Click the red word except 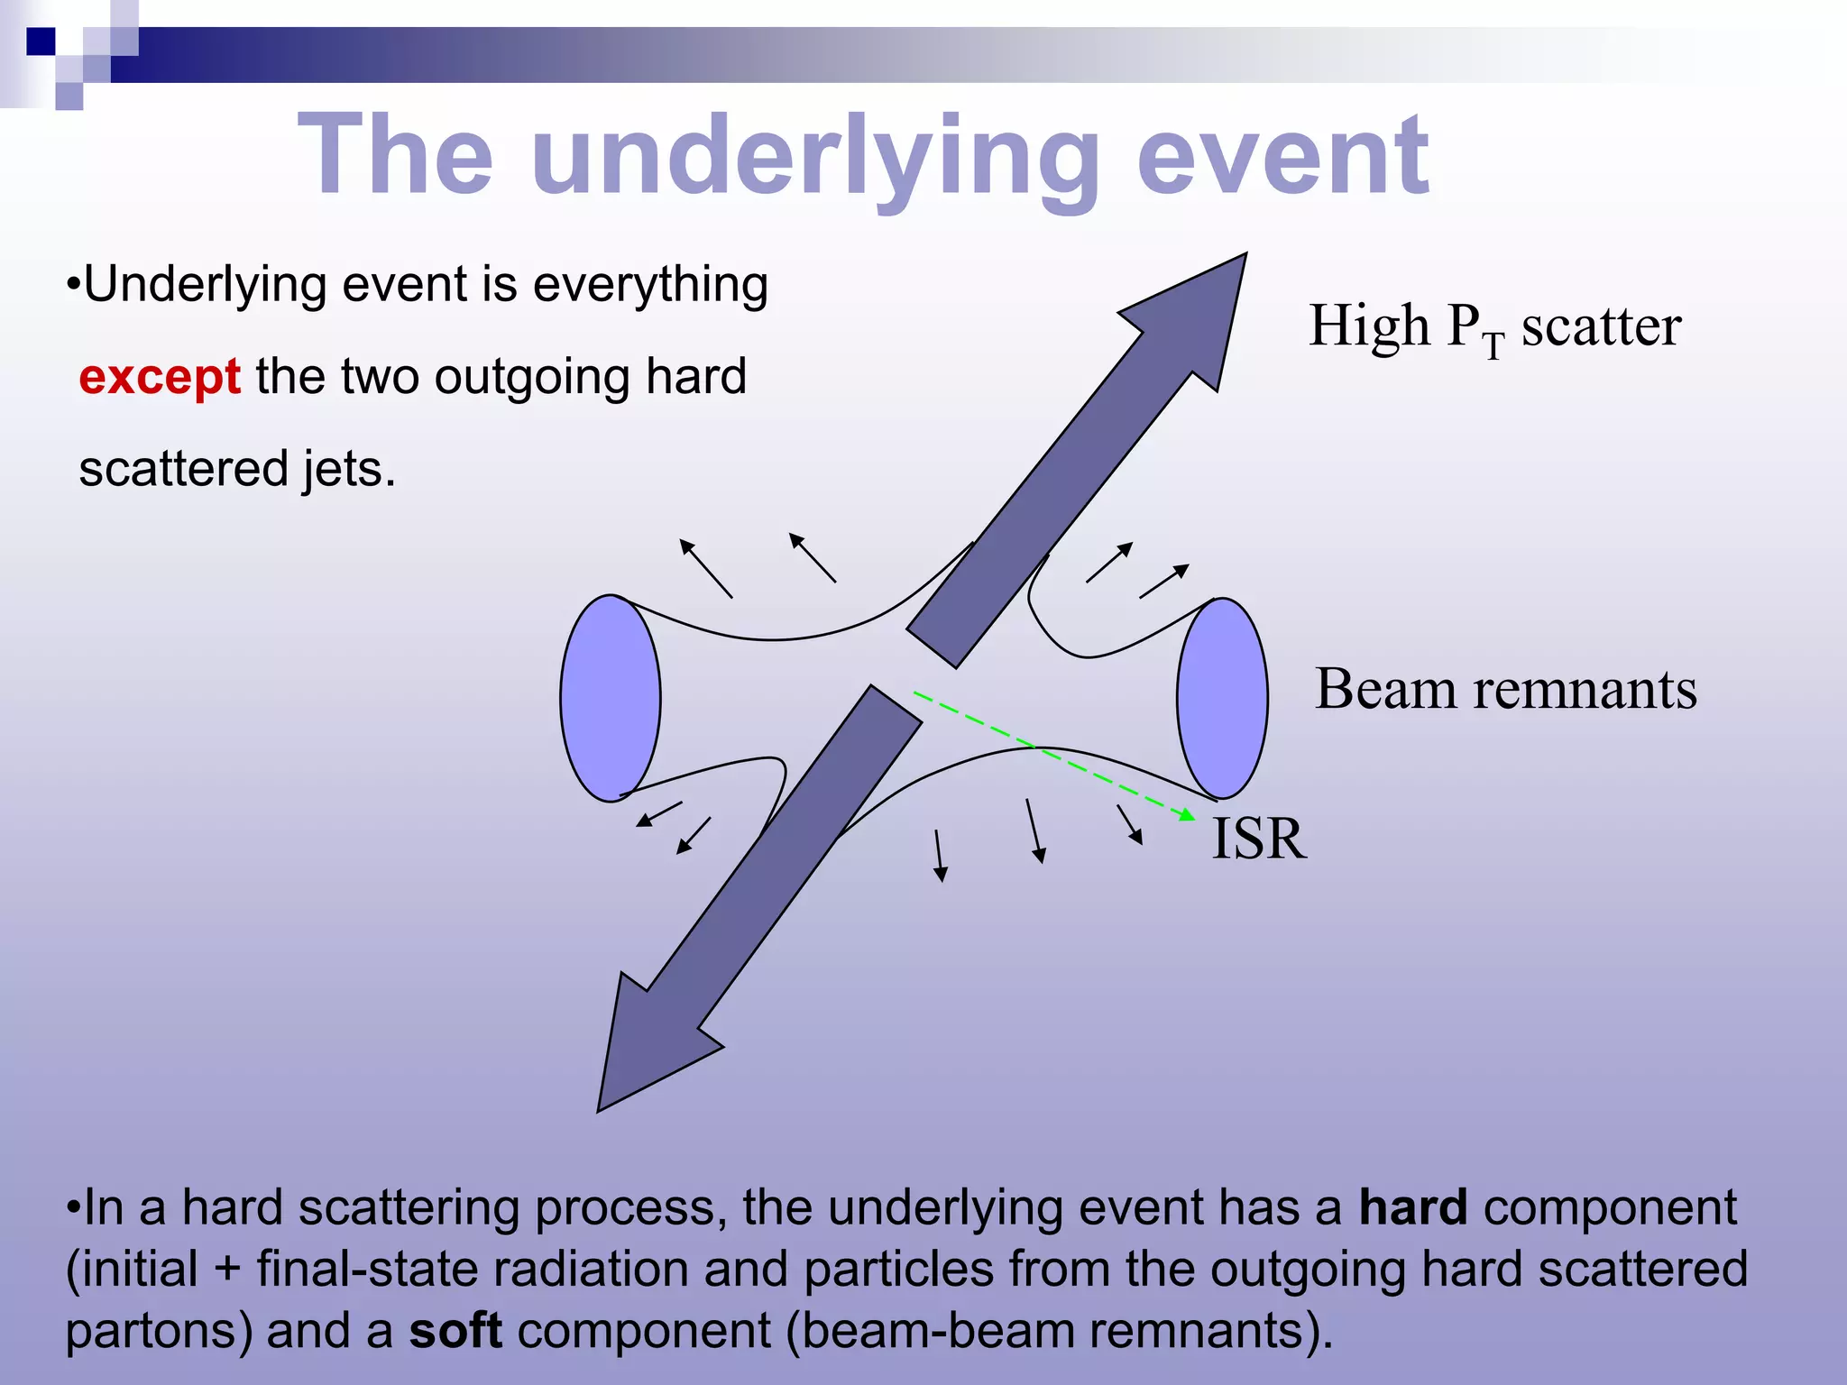(x=159, y=377)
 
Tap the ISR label (x=1258, y=839)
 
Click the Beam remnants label (x=1505, y=690)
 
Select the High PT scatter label (x=1494, y=326)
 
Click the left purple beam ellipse (x=611, y=698)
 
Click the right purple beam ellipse (x=1222, y=698)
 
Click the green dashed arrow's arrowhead (x=1189, y=815)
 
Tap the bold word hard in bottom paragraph (x=1412, y=1208)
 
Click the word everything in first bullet (x=650, y=285)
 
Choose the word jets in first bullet (x=347, y=470)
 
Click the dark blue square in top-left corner (x=41, y=41)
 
